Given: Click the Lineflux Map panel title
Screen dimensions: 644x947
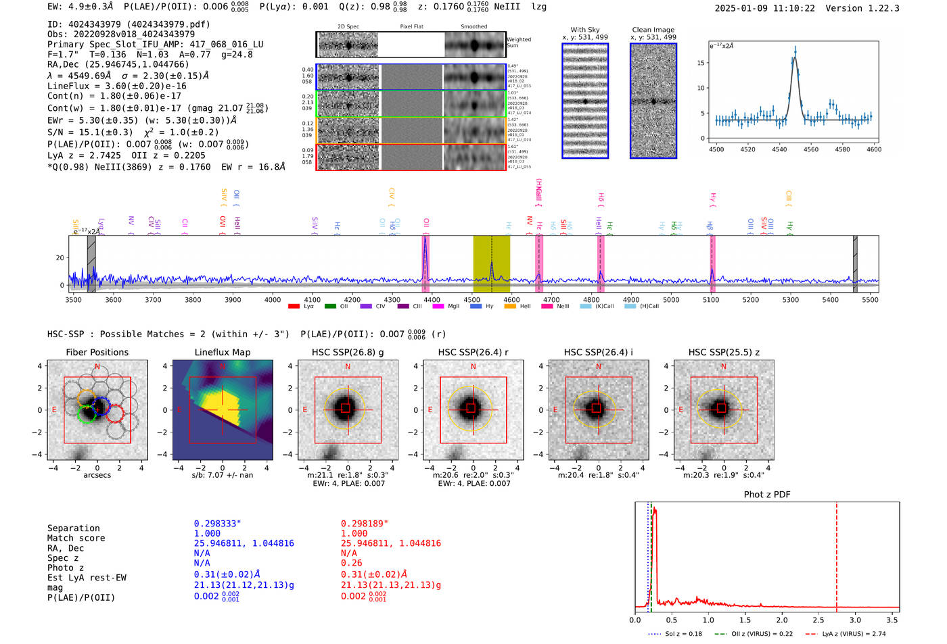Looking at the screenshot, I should pyautogui.click(x=222, y=352).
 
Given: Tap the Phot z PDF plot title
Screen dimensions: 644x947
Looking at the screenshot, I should pyautogui.click(x=767, y=494).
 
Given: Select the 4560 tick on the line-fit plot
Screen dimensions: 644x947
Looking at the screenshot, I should pyautogui.click(x=811, y=149).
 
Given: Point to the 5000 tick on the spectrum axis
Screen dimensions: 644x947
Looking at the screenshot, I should pyautogui.click(x=670, y=299).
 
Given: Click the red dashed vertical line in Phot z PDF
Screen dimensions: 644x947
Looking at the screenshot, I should pyautogui.click(x=836, y=554).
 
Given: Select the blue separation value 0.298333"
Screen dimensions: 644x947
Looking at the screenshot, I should pyautogui.click(x=217, y=524).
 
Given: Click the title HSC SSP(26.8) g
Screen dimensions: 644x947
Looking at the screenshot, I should pyautogui.click(x=348, y=352).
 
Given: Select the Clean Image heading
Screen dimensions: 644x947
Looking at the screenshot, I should pyautogui.click(x=653, y=30).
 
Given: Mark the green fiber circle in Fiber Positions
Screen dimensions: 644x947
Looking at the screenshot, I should pyautogui.click(x=87, y=414).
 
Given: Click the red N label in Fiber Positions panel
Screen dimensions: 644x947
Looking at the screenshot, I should pyautogui.click(x=97, y=367).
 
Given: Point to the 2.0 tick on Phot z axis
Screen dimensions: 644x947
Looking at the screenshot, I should pyautogui.click(x=781, y=620).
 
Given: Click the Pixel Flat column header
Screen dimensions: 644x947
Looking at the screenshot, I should pyautogui.click(x=411, y=27).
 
